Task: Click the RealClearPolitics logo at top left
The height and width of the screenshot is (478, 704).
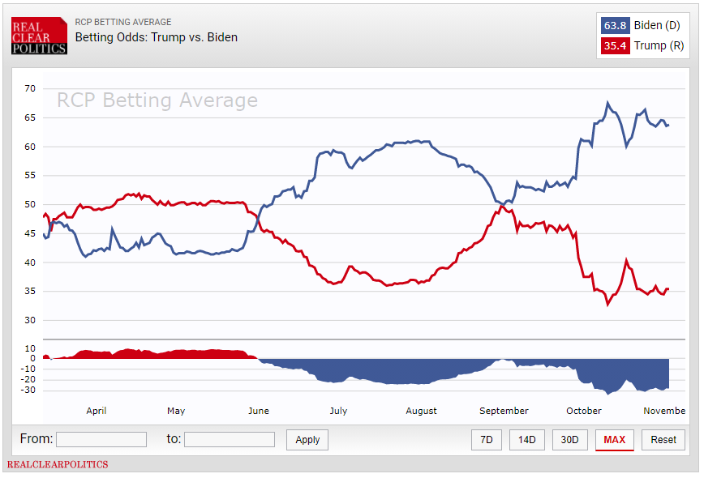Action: tap(39, 36)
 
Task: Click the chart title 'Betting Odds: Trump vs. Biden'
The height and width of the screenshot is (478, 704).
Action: tap(156, 37)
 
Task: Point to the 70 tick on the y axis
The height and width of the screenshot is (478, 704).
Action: tap(30, 88)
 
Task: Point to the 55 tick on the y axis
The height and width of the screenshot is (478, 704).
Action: tap(30, 175)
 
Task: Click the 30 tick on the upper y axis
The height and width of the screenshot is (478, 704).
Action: tap(30, 320)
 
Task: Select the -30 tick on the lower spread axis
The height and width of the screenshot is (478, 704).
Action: tap(28, 391)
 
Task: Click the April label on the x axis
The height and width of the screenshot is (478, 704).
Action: tap(97, 411)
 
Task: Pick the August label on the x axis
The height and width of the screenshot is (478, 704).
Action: tap(421, 411)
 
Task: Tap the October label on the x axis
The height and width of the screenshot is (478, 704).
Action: tap(584, 411)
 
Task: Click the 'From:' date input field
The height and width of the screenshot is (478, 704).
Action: tap(101, 439)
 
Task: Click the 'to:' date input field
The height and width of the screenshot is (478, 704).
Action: tap(230, 439)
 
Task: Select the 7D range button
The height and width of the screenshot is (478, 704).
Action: tap(486, 440)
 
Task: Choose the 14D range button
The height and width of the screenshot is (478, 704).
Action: tap(527, 440)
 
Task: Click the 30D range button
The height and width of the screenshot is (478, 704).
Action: tap(570, 440)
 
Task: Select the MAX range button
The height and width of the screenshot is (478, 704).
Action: tap(614, 440)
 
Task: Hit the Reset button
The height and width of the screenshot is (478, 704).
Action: tap(663, 440)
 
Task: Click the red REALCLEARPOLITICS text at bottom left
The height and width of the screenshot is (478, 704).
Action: tap(58, 465)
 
